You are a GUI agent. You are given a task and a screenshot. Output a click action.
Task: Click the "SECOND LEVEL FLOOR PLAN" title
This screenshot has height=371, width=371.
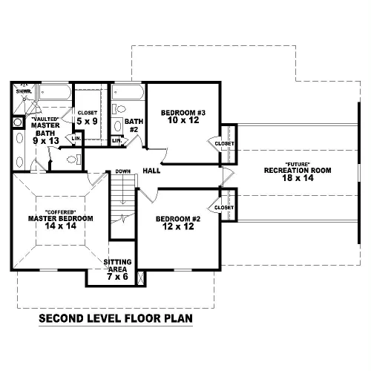[116, 318]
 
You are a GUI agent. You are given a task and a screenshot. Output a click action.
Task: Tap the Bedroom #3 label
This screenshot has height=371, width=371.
[183, 113]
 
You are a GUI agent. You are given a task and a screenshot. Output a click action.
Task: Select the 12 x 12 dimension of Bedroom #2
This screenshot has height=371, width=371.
[178, 226]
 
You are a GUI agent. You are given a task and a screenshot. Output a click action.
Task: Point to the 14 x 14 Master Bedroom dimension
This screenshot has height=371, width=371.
[61, 226]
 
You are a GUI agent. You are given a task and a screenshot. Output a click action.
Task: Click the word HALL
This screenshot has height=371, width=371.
[151, 171]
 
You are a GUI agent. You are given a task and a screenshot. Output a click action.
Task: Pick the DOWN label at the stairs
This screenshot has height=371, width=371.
[123, 171]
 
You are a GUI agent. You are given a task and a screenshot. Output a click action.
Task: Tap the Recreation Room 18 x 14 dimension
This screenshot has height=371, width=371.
[298, 177]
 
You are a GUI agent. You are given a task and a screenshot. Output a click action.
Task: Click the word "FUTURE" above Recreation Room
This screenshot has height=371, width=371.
[298, 164]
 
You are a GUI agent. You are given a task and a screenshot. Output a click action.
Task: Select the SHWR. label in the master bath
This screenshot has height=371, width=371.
[24, 91]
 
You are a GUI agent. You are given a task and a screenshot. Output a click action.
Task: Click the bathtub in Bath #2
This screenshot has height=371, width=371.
[128, 92]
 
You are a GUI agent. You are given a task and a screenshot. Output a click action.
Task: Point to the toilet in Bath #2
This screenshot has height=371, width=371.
[119, 109]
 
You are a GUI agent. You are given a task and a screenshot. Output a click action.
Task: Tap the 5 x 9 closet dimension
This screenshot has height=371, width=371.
[87, 121]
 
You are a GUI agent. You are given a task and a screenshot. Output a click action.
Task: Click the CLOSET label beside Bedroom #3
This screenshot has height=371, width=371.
[224, 144]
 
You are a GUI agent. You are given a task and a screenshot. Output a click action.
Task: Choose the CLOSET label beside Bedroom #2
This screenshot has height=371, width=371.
[224, 208]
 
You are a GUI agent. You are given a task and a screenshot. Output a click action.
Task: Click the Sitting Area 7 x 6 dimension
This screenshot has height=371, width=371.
[117, 277]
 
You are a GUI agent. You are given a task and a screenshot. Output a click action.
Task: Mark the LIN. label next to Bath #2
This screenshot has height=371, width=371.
[117, 141]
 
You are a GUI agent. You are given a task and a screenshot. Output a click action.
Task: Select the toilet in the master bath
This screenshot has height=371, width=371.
[73, 160]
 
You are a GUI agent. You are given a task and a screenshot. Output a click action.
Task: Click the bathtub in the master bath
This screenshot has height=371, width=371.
[55, 92]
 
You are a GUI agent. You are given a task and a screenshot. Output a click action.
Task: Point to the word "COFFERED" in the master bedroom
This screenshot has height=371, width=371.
[61, 212]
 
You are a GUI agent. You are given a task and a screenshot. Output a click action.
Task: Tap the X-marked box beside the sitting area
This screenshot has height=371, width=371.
[141, 278]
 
